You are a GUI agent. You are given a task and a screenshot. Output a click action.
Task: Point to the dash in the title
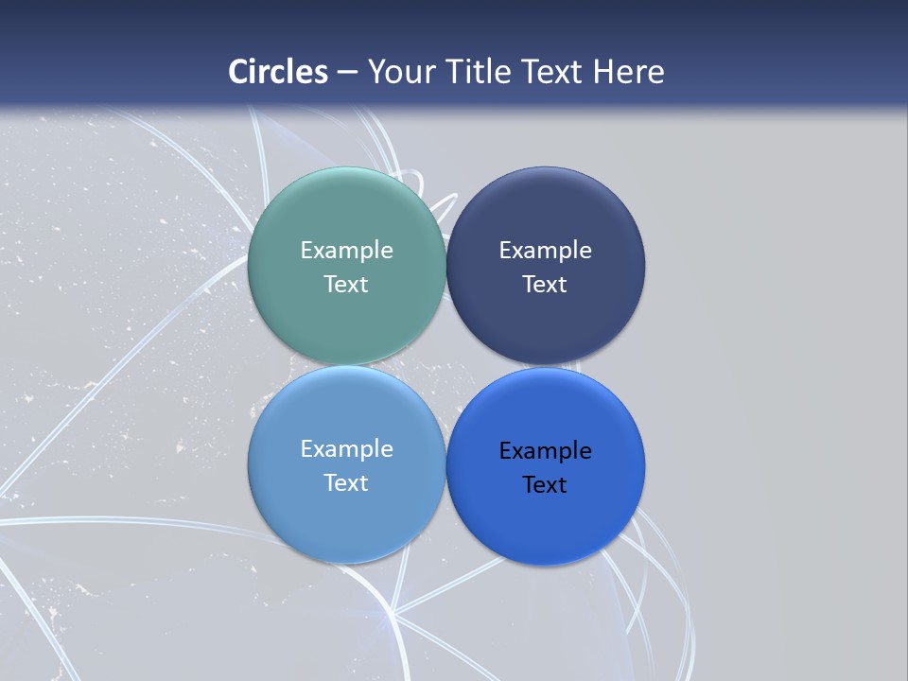point(347,73)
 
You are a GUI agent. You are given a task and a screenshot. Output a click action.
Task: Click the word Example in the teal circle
point(346,250)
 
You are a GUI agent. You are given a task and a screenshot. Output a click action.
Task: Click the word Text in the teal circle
point(346,284)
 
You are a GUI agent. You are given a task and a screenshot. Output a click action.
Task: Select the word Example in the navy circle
point(545,250)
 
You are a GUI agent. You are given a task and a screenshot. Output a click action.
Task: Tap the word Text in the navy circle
point(545,284)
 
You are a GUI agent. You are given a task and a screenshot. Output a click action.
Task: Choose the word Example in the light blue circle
point(346,448)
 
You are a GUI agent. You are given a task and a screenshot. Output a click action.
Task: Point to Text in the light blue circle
point(346,482)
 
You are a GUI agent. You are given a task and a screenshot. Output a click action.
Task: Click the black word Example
point(545,450)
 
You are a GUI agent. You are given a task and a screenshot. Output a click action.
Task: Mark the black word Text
point(545,484)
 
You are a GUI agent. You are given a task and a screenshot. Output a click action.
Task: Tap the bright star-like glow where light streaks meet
point(391,616)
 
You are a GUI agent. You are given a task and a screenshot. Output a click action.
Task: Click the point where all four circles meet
point(445,365)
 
